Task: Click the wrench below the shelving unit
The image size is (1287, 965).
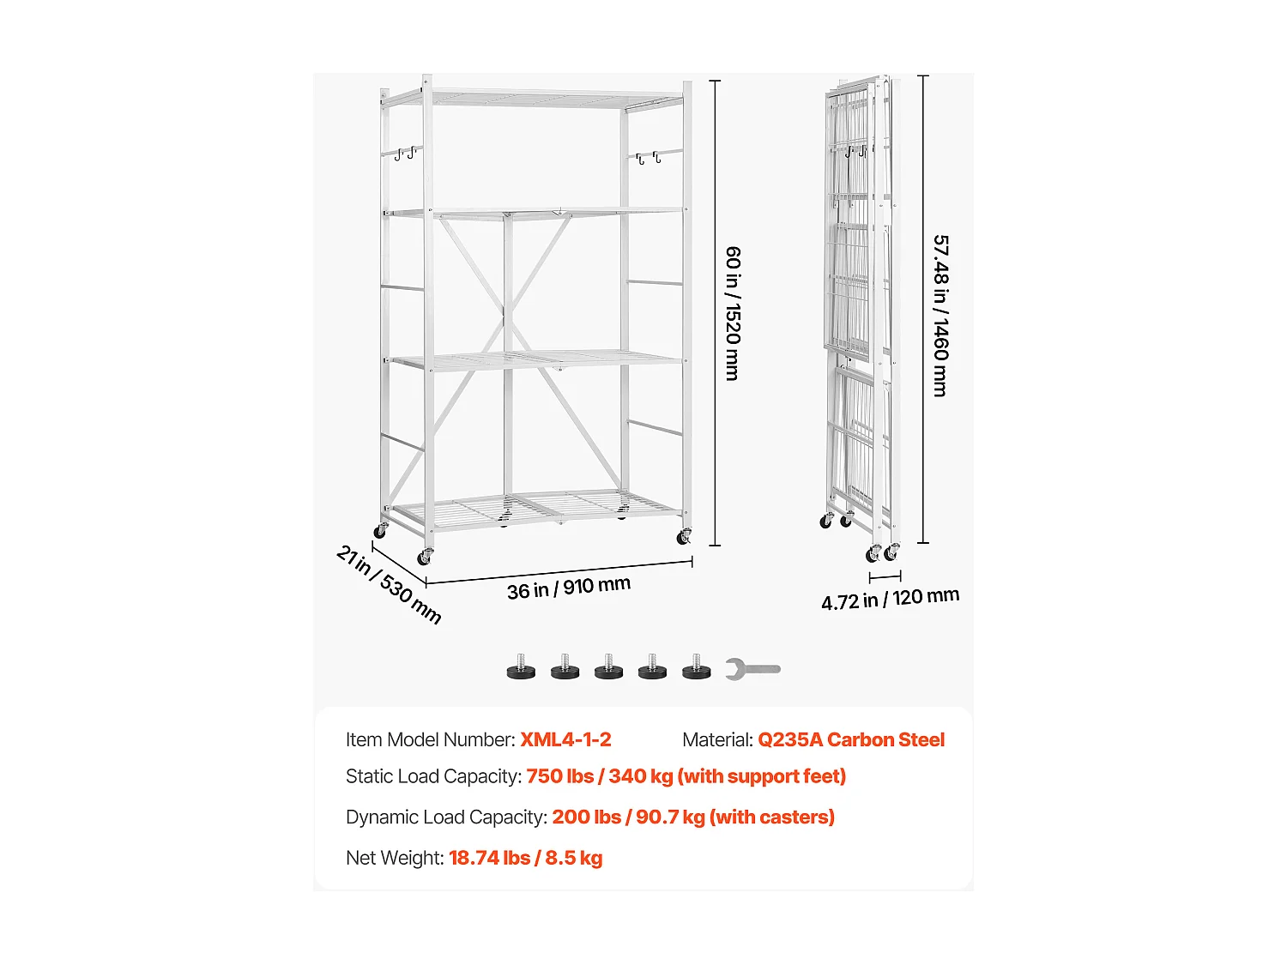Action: coord(752,668)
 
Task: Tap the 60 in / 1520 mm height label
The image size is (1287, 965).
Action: coord(733,313)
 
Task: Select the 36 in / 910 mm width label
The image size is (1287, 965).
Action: coord(568,588)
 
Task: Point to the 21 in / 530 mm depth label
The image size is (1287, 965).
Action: coord(389,584)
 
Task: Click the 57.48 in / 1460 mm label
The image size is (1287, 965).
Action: coord(940,316)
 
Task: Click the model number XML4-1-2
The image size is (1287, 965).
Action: coord(565,739)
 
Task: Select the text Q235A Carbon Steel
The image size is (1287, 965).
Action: coord(850,739)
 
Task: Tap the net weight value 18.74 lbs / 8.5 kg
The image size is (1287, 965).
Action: coord(525,858)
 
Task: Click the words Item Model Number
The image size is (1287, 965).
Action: coord(428,739)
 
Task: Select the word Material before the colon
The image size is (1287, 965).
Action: coord(716,739)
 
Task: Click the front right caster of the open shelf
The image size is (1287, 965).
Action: coord(684,538)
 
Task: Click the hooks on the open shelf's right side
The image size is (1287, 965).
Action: coord(647,158)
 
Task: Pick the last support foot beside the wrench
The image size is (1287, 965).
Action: coord(697,667)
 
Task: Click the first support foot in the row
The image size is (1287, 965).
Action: coord(521,667)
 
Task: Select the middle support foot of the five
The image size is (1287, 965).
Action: coord(608,667)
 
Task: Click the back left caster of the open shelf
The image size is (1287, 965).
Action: coord(380,532)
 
